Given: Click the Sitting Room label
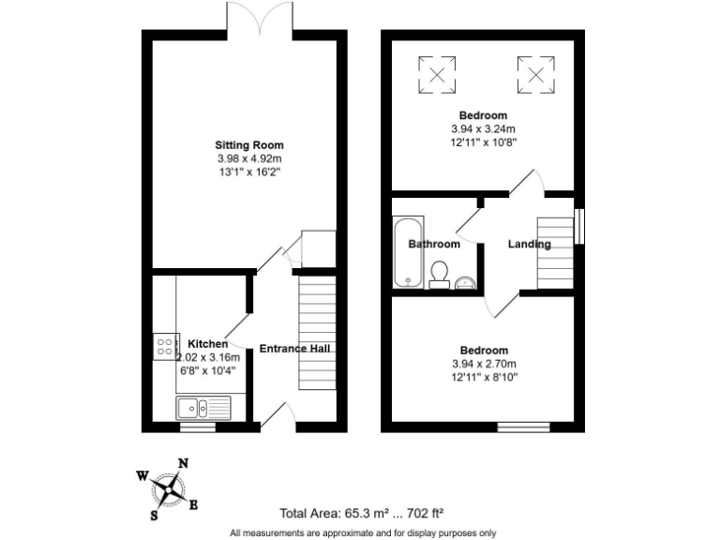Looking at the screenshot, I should [x=248, y=145].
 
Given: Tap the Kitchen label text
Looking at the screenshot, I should [x=207, y=344].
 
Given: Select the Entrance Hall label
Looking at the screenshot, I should [x=294, y=349].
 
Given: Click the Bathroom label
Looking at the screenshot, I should [x=434, y=244].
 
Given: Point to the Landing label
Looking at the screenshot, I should [x=529, y=244].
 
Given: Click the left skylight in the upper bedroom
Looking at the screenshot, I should [x=436, y=73].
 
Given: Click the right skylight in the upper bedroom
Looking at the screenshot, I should [x=532, y=73].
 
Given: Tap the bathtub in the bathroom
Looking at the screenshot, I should [x=408, y=252].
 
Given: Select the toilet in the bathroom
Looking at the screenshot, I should [x=438, y=274].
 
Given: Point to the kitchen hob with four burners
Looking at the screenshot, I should [x=166, y=348].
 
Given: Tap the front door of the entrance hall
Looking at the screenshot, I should [x=277, y=415].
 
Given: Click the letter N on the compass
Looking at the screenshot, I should [x=184, y=463].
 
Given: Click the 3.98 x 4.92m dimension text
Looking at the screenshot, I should [x=248, y=159].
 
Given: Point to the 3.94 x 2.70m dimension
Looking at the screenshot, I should [x=484, y=364].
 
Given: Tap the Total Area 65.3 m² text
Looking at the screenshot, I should [x=361, y=513].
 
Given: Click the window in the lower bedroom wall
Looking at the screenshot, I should [x=523, y=427].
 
